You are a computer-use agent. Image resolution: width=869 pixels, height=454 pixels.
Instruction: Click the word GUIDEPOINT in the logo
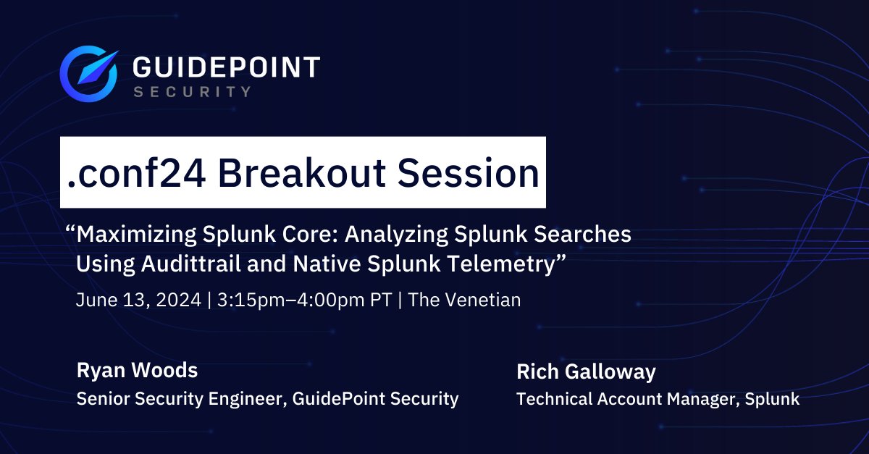point(227,68)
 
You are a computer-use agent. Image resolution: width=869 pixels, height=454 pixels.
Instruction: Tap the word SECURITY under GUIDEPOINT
point(193,92)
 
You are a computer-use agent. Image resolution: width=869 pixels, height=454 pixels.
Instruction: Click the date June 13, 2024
point(138,300)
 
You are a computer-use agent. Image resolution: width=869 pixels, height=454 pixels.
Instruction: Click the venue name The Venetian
point(465,300)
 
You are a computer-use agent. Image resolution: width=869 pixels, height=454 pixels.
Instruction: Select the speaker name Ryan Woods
point(137,371)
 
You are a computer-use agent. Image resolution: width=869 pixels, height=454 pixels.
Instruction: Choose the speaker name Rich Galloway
point(586,372)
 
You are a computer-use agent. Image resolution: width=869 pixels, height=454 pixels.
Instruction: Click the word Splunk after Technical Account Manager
point(775,399)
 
